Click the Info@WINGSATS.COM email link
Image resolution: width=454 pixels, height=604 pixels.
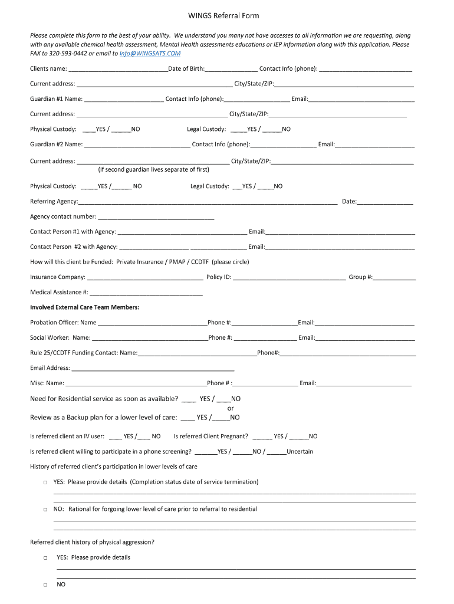click(x=150, y=53)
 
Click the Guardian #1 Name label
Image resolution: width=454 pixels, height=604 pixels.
click(x=56, y=99)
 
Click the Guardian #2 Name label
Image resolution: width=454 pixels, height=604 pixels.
click(x=56, y=144)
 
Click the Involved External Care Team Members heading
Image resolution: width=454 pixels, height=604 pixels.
click(x=85, y=307)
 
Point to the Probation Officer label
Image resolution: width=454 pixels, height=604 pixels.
click(x=54, y=323)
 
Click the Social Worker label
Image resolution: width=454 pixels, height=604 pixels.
click(x=51, y=338)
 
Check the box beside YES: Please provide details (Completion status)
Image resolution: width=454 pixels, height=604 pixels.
click(x=45, y=482)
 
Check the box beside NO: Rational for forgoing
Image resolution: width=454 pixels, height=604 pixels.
click(x=45, y=509)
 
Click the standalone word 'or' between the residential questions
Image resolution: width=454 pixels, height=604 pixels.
click(x=231, y=408)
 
